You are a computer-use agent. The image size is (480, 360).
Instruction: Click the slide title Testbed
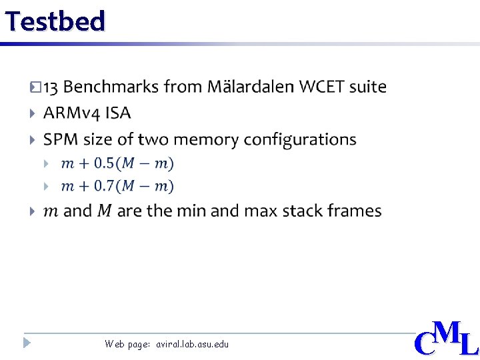[x=55, y=21]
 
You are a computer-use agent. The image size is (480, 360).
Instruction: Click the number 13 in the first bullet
[x=51, y=87]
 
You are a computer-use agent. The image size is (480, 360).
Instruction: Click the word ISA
[x=118, y=113]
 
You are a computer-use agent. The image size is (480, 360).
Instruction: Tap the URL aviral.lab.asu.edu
[x=192, y=344]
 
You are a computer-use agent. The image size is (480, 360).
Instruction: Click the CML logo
[x=445, y=339]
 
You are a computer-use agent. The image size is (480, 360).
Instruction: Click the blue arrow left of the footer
[x=26, y=343]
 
